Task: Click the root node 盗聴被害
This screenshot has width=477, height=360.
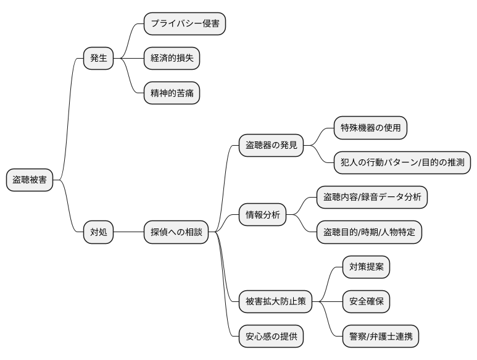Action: [x=30, y=180]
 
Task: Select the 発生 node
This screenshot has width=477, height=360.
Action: [x=99, y=59]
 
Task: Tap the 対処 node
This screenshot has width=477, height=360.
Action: [x=99, y=232]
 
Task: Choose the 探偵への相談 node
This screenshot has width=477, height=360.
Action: [x=176, y=232]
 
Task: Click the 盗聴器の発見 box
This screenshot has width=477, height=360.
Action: [x=271, y=145]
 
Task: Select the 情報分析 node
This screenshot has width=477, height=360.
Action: [x=262, y=215]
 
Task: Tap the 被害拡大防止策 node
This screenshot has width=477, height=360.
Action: [x=275, y=302]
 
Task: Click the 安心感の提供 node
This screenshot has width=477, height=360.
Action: [x=271, y=337]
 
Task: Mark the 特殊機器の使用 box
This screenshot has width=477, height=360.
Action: [x=370, y=128]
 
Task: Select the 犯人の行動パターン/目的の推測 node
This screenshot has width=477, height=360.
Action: [x=402, y=162]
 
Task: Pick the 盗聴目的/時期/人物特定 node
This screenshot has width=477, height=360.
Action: [x=369, y=232]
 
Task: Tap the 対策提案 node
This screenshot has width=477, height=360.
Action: [x=366, y=267]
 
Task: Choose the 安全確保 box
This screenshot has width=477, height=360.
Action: [x=366, y=302]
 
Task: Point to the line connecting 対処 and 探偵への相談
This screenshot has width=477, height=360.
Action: [x=128, y=232]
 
